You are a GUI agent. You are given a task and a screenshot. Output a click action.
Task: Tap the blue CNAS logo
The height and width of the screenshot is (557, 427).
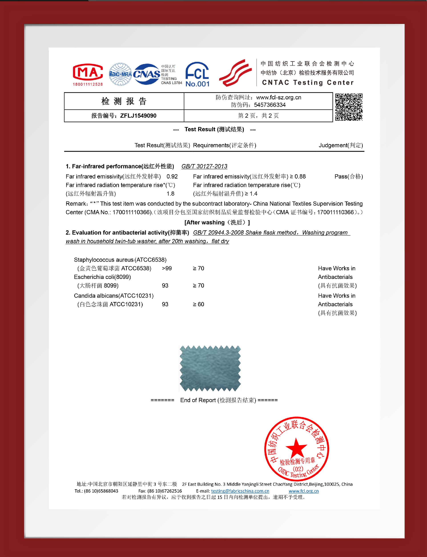[146, 74]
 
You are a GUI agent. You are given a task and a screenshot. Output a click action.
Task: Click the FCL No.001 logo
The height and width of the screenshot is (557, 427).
[197, 74]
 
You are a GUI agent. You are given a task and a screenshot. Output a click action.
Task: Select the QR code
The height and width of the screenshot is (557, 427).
[349, 107]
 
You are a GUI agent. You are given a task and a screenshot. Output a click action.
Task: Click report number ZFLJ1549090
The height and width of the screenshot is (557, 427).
[138, 116]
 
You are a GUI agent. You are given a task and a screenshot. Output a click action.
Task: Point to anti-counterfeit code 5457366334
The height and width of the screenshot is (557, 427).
[270, 105]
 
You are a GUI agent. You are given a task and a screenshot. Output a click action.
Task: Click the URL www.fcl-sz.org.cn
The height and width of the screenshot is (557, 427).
[279, 98]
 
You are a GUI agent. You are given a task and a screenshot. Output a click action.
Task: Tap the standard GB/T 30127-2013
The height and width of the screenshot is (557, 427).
[204, 167]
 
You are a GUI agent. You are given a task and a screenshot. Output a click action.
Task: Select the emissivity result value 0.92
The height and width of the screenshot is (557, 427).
[172, 177]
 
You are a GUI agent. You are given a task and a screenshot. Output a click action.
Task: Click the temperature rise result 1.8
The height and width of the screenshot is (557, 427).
[170, 194]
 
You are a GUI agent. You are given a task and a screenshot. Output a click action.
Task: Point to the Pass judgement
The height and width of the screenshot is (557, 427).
[348, 177]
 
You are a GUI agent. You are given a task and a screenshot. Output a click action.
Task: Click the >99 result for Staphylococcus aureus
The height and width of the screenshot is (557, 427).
[167, 269]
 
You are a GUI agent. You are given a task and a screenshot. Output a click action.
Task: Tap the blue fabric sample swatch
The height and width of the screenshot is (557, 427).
[210, 368]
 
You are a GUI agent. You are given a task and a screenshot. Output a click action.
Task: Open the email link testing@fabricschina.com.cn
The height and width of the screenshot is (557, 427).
[240, 491]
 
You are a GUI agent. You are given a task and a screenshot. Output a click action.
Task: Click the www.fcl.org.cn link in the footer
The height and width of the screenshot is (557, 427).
[304, 491]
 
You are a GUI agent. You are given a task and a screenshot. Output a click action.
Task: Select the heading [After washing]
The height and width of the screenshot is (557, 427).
[217, 223]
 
